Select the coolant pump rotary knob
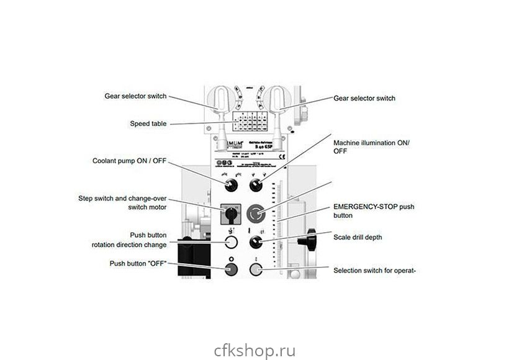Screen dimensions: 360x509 232,184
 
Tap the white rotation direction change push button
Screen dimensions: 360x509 231,242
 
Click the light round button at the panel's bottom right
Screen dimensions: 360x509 255,269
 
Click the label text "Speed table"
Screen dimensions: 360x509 148,124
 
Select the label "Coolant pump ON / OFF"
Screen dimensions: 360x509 130,161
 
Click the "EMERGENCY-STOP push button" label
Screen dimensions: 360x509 373,210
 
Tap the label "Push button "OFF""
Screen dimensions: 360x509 138,263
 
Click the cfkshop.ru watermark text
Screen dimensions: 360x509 254,334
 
